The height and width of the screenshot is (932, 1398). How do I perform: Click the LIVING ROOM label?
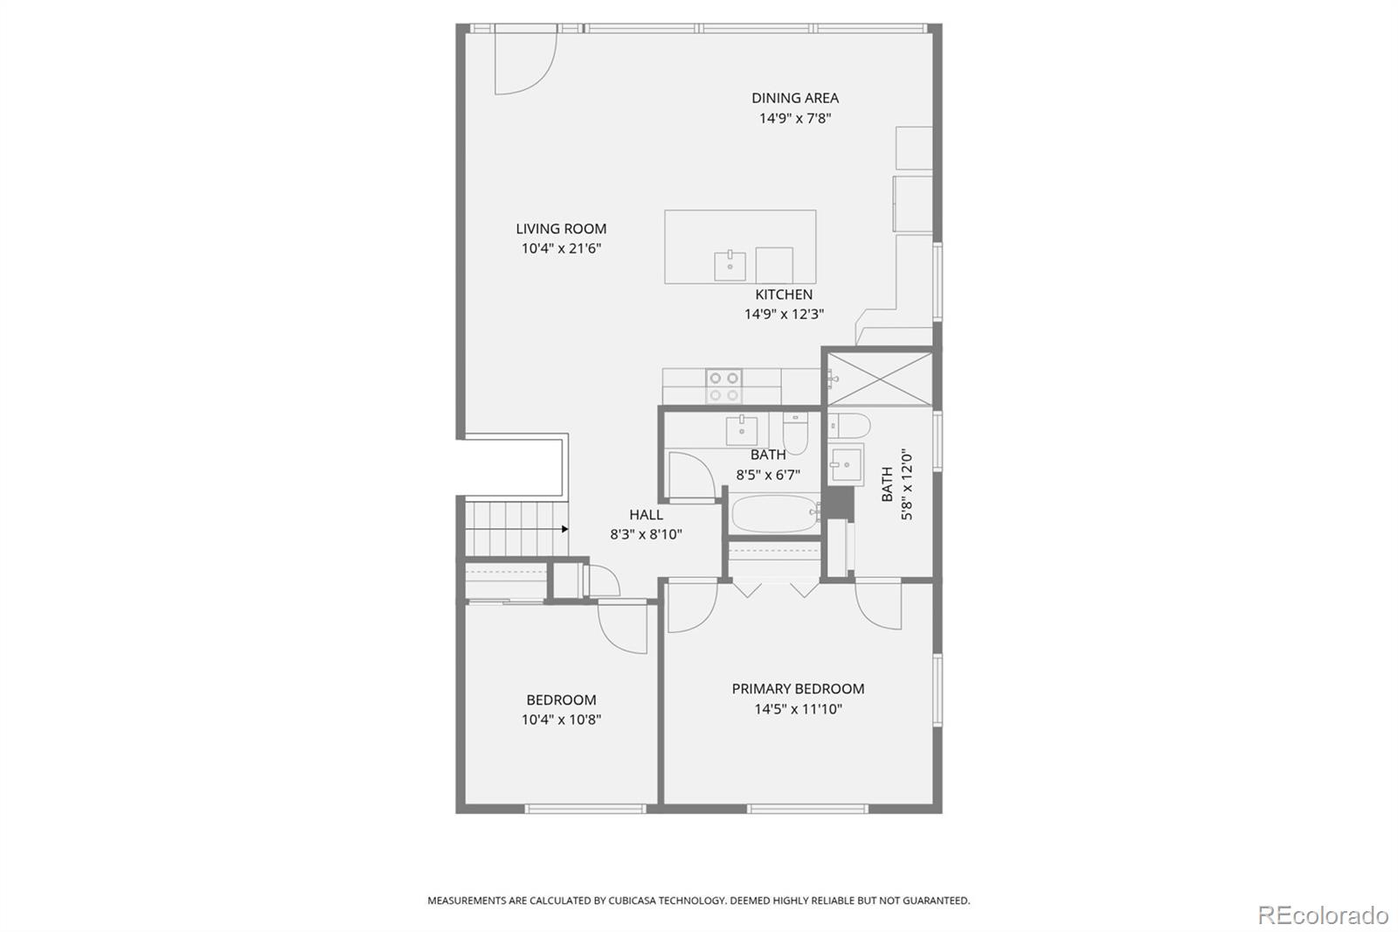[560, 228]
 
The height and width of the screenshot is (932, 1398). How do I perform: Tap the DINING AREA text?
[794, 98]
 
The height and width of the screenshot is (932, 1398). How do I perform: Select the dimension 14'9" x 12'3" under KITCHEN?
[784, 315]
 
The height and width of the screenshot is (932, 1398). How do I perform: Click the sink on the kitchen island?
[730, 265]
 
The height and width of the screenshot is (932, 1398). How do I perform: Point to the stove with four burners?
[723, 386]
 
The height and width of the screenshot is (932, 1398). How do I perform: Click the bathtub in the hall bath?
[773, 514]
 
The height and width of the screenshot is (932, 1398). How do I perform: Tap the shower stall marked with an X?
[879, 379]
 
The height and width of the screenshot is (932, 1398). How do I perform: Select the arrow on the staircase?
[564, 529]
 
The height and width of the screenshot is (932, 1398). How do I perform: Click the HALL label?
[646, 515]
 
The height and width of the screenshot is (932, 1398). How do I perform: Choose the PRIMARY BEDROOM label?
[798, 689]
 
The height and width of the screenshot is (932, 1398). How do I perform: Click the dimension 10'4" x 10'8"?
[561, 720]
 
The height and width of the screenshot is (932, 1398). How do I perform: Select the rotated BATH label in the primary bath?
[887, 483]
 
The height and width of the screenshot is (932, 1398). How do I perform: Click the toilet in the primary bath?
[850, 427]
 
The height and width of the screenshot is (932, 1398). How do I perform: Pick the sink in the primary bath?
[845, 464]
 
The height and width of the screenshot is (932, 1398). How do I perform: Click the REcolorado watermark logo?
[1322, 915]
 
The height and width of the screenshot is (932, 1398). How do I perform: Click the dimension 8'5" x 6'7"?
[767, 476]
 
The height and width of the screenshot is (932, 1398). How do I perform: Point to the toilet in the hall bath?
[795, 432]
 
